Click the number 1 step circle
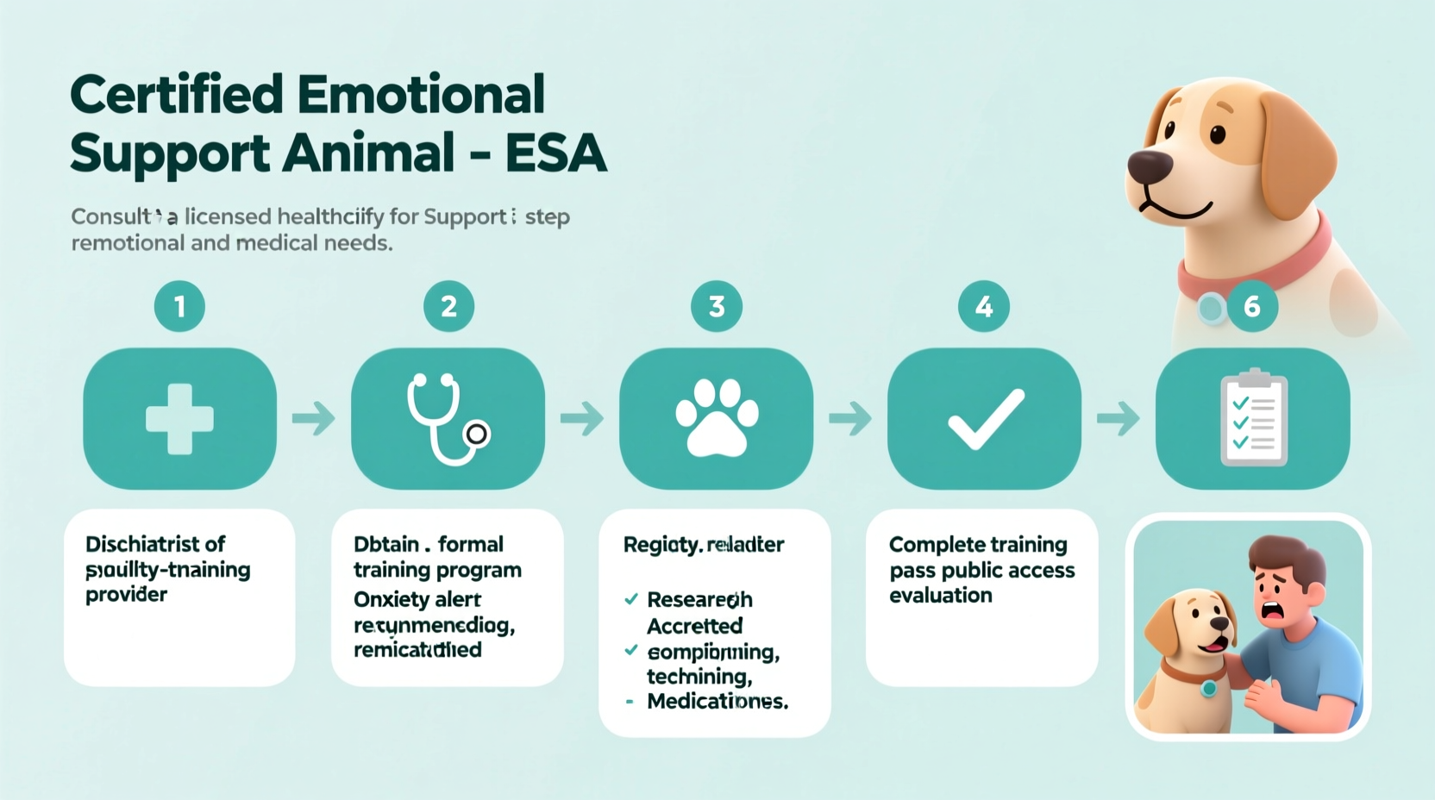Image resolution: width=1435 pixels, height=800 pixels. click(x=179, y=306)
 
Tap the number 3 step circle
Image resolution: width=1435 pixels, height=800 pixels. click(x=717, y=306)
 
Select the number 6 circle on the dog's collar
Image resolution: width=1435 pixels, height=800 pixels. click(x=1252, y=306)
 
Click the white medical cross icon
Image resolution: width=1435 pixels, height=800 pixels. click(x=179, y=419)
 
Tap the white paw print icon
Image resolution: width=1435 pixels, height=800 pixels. click(x=717, y=419)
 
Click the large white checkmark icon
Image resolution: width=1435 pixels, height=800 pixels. click(x=985, y=419)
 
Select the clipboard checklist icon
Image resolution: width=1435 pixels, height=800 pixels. click(x=1253, y=419)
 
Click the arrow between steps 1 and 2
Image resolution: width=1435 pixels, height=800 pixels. click(x=314, y=419)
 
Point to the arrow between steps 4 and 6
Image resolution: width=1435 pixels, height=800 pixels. click(x=1119, y=419)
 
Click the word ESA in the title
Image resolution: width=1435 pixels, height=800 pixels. click(x=555, y=154)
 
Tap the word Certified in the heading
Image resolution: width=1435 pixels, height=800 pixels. click(x=176, y=94)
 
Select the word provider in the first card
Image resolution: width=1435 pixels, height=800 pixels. click(x=126, y=595)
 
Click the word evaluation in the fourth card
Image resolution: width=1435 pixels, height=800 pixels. click(x=941, y=596)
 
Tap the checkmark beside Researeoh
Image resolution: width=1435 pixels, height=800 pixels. click(x=631, y=599)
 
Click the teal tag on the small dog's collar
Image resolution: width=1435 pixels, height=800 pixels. click(x=1209, y=688)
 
